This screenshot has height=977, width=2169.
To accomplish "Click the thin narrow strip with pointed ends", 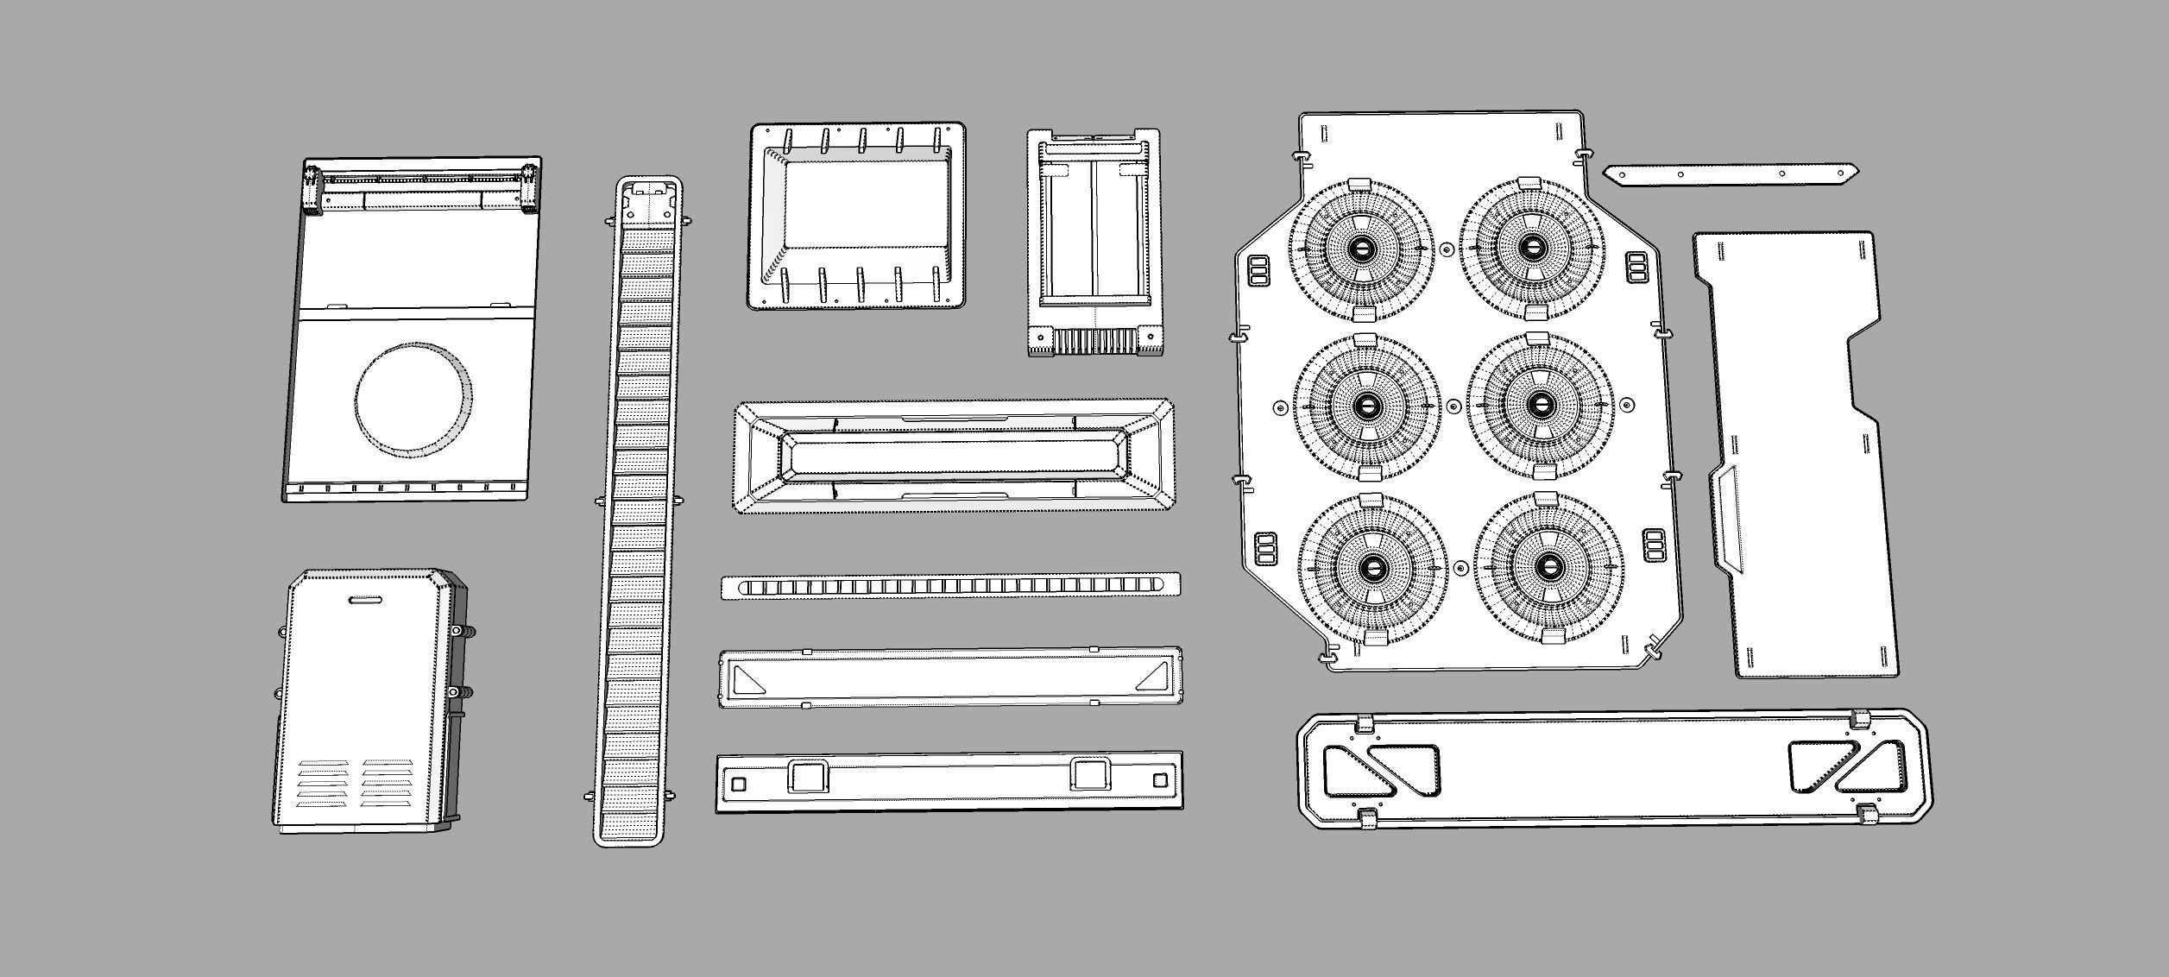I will [x=1731, y=173].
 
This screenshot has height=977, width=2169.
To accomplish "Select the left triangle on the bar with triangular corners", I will [x=747, y=679].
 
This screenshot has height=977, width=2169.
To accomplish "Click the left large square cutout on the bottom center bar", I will [x=808, y=776].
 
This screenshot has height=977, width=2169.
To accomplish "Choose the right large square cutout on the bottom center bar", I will [x=1090, y=774].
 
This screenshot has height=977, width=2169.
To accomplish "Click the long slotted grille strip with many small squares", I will [x=950, y=586].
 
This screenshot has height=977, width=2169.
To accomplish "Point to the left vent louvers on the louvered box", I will [x=324, y=783].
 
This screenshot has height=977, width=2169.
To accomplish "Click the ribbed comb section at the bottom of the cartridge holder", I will [x=1096, y=343].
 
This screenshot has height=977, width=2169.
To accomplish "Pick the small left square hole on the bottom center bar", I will [x=738, y=784].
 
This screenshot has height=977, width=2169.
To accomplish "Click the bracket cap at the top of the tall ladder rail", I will [x=650, y=189].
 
